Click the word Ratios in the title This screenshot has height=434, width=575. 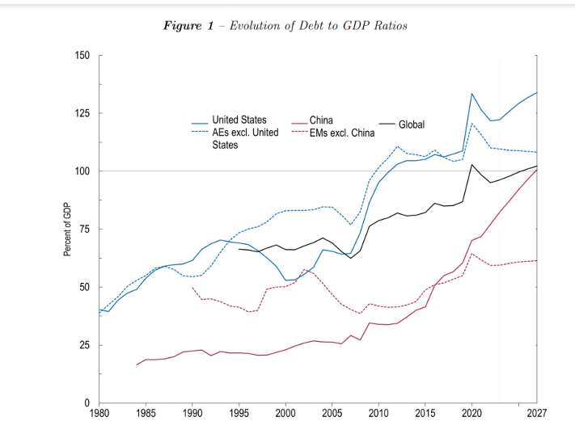[389, 26]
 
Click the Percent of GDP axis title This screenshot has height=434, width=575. [67, 230]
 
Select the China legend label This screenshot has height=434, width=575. [321, 120]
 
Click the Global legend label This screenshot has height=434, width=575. [412, 124]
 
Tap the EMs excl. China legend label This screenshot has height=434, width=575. [341, 133]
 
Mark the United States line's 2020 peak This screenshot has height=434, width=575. [471, 94]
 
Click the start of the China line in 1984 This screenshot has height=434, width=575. [137, 365]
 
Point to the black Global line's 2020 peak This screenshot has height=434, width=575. [471, 165]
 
